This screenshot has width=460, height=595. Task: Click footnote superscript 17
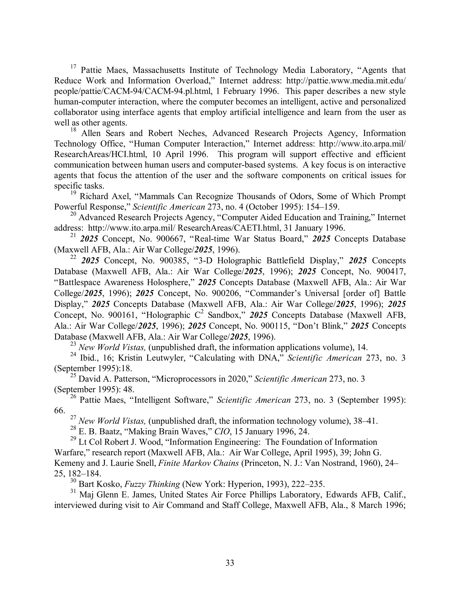tap(73, 67)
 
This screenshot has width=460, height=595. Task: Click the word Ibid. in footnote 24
tap(87, 358)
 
